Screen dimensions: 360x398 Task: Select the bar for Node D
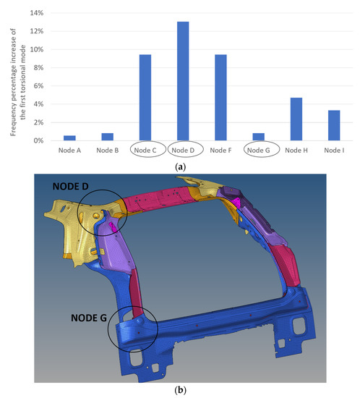[x=183, y=81]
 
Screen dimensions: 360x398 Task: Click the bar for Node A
[x=69, y=138]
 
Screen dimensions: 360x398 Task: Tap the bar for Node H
[x=296, y=119]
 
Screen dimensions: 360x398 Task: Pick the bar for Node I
[x=334, y=125]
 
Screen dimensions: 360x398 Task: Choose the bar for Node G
[x=258, y=137]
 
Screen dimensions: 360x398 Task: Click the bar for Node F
[x=220, y=98]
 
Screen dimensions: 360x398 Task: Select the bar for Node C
[x=145, y=98]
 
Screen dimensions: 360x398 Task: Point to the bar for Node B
[x=108, y=137]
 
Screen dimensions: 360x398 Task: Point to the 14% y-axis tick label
[x=37, y=13]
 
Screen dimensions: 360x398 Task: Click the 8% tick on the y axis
[x=38, y=68]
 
